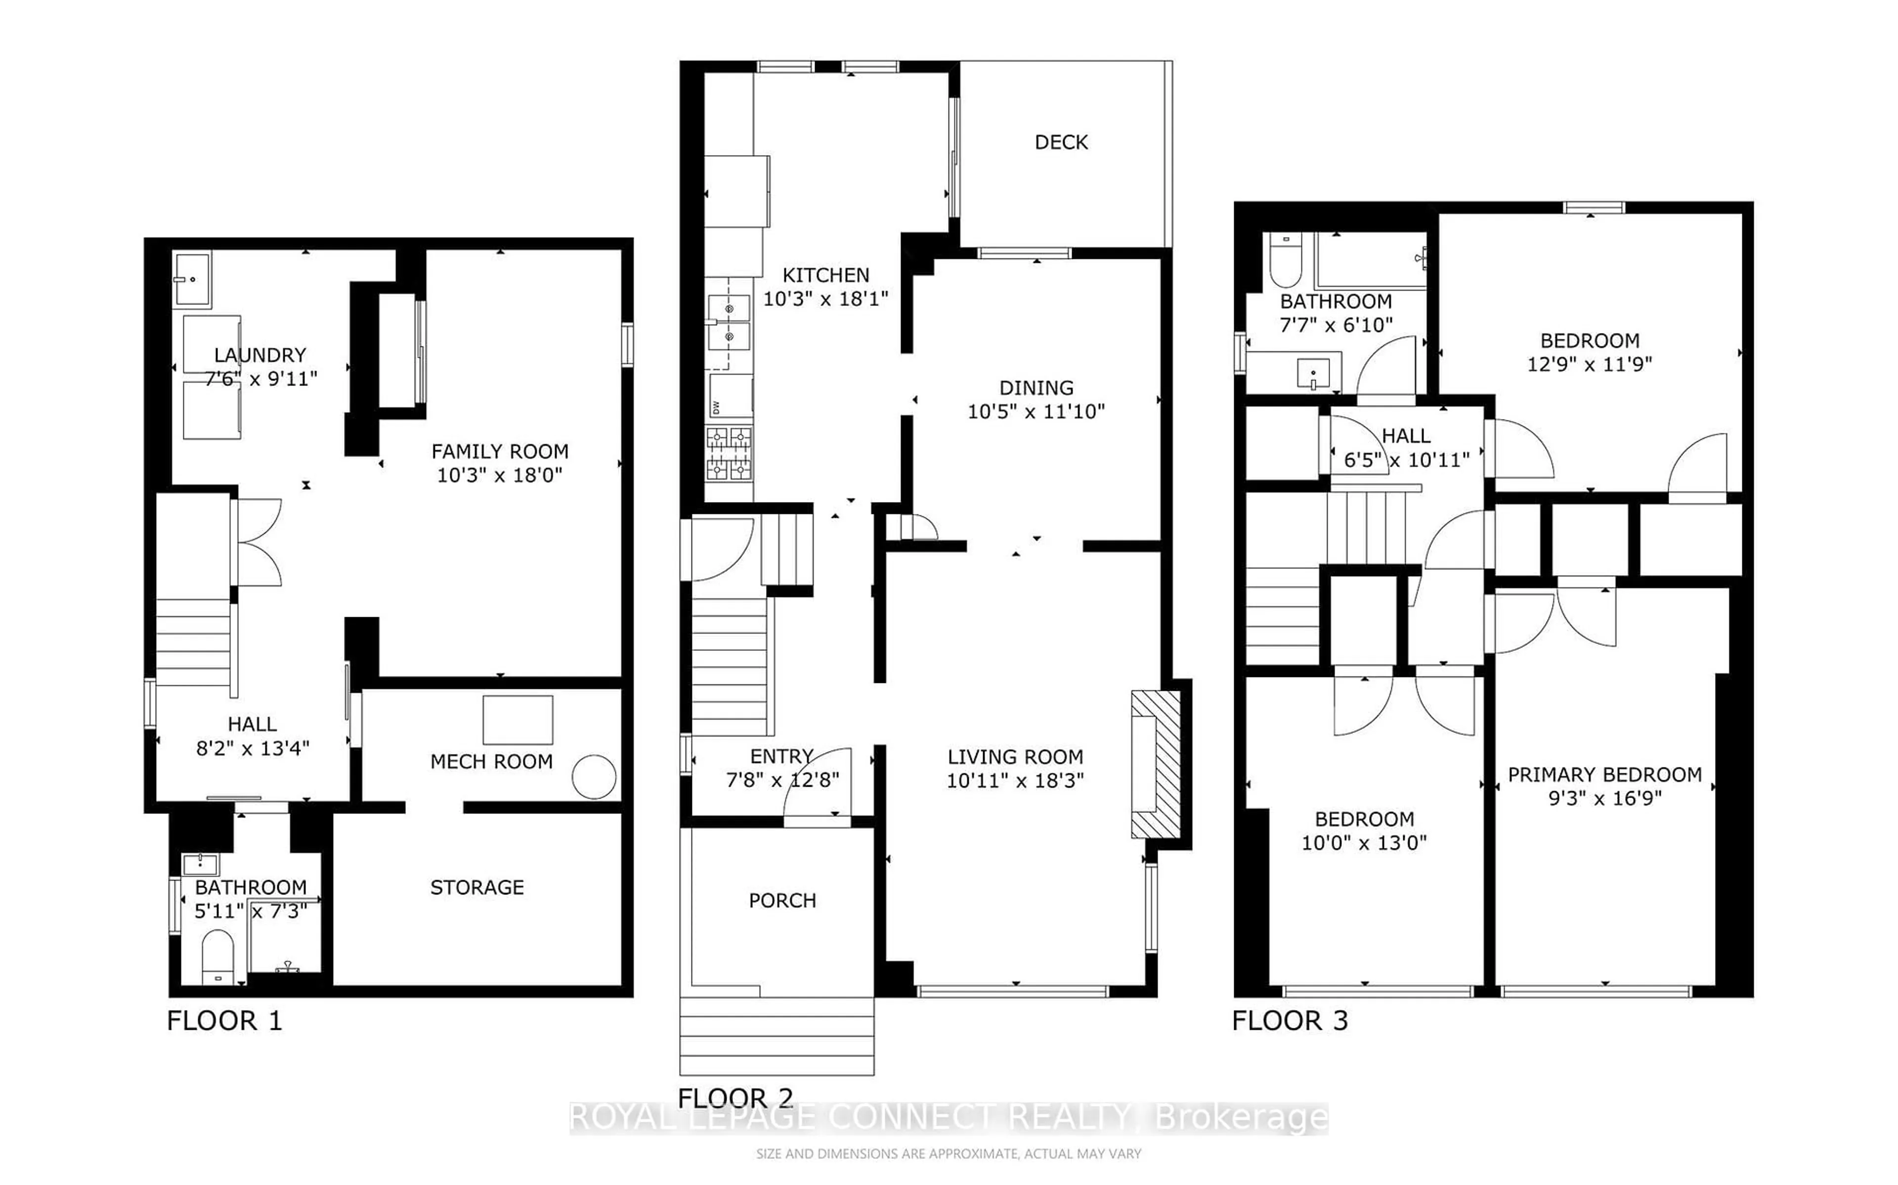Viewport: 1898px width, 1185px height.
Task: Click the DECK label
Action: click(1061, 142)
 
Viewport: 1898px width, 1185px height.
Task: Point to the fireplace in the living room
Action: click(1156, 764)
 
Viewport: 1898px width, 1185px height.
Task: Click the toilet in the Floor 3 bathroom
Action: click(1285, 261)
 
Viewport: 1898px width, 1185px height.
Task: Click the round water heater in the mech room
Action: click(594, 777)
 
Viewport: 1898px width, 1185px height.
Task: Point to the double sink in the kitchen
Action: click(729, 323)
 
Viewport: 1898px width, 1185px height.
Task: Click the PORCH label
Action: click(782, 900)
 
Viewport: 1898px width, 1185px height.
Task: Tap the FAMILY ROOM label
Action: click(500, 452)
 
